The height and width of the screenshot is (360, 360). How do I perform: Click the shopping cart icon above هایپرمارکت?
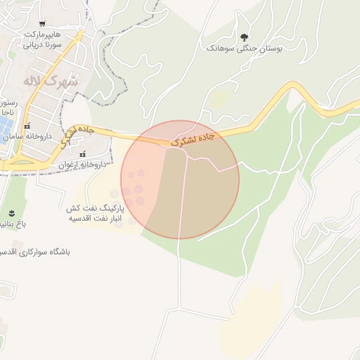click(x=42, y=24)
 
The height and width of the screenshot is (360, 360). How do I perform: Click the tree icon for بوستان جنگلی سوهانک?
click(x=245, y=37)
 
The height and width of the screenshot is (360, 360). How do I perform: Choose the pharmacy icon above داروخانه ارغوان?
click(x=83, y=154)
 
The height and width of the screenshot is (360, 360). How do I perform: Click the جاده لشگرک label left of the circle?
click(x=75, y=134)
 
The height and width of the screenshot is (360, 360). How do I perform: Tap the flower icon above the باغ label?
click(x=11, y=213)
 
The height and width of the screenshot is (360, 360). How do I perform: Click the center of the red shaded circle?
click(x=180, y=180)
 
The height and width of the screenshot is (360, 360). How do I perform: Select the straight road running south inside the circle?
click(x=184, y=211)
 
